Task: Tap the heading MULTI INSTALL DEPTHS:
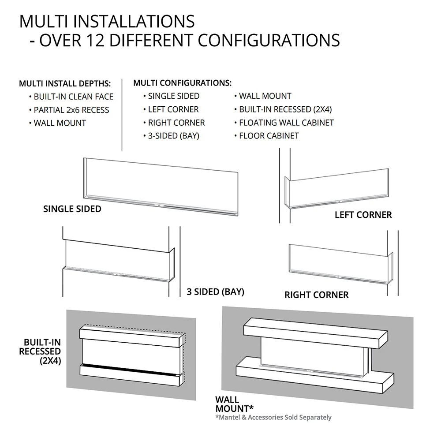coord(65,84)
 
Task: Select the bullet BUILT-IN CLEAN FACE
coord(73,97)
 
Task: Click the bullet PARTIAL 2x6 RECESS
coord(71,110)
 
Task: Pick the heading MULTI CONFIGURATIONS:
coord(182,83)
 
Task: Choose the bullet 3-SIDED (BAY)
coord(173,136)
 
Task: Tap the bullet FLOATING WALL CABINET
coord(286,123)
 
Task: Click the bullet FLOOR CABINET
coord(269,136)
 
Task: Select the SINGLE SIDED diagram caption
coord(72,209)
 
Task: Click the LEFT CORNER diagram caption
coord(363,215)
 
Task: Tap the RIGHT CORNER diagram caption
coord(316,295)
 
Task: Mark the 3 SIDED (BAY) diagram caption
coord(215,292)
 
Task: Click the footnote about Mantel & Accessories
coord(273,417)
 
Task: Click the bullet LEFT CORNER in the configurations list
coord(173,109)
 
